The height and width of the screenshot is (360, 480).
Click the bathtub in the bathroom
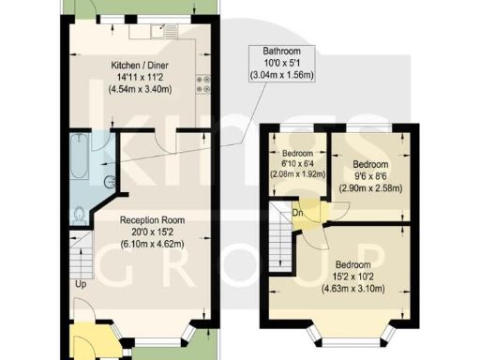(79, 159)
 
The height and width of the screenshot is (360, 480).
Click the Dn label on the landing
(296, 212)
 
